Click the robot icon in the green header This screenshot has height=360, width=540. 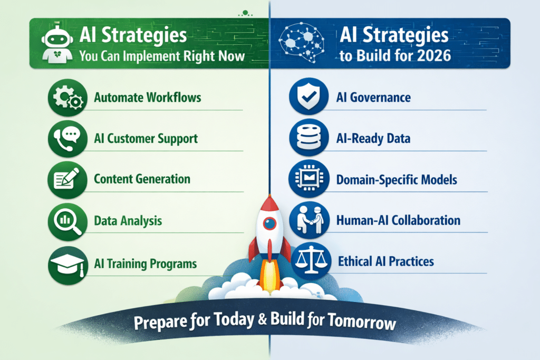pos(57,45)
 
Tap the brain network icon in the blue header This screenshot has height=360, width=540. pos(301,43)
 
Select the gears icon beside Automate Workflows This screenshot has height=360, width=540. pos(68,98)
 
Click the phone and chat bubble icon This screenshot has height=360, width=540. pos(68,139)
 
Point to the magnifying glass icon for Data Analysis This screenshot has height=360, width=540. pos(68,221)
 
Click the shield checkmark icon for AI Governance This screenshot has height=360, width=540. pos(308,96)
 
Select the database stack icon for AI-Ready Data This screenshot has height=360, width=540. pos(308,138)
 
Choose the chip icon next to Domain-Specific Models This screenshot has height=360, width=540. pos(309,178)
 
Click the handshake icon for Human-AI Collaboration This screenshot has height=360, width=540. pos(309,220)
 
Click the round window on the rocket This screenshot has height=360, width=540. pos(269,223)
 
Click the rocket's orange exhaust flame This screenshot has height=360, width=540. pos(269,275)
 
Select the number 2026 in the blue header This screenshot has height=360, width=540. pos(434,56)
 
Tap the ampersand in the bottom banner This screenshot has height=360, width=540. pos(263,319)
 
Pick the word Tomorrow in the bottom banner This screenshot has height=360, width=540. pos(362,322)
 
